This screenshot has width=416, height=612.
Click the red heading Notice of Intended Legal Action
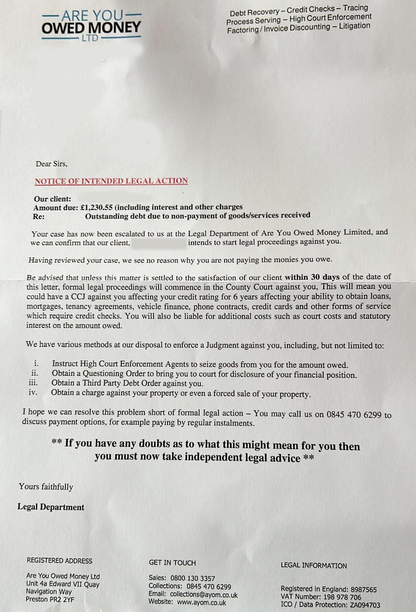tap(111, 181)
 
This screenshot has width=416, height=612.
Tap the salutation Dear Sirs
tap(51, 164)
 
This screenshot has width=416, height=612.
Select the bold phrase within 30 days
tap(312, 277)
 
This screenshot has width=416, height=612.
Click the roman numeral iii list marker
tap(33, 383)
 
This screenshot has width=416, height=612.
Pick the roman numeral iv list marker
tap(33, 392)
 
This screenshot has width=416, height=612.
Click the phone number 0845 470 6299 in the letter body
tap(354, 414)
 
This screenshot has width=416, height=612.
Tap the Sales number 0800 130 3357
tap(192, 578)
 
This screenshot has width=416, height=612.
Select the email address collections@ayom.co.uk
tap(204, 594)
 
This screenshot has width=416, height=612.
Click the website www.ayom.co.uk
tap(201, 602)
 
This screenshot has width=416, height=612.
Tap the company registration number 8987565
tap(364, 589)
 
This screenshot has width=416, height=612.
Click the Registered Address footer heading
tap(60, 561)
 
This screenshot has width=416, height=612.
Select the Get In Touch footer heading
tap(172, 563)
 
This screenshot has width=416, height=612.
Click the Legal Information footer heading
tap(313, 565)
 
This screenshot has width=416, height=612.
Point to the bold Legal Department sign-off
tap(51, 507)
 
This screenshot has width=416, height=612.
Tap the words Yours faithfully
tap(46, 487)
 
